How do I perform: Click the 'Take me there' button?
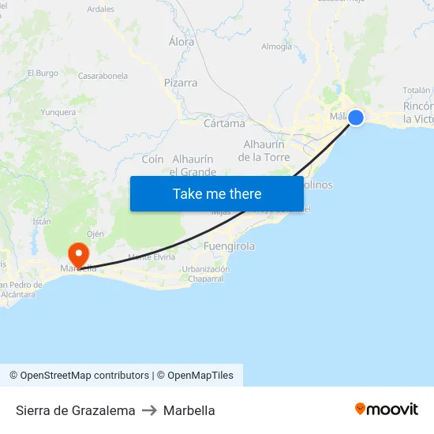click(217, 193)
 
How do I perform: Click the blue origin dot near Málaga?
click(356, 118)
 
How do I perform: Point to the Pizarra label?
click(181, 82)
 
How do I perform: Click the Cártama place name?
click(224, 123)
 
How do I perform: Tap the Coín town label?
click(152, 159)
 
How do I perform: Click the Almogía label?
click(276, 47)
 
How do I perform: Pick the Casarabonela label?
click(103, 77)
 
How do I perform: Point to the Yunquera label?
click(58, 112)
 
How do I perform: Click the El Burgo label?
click(43, 73)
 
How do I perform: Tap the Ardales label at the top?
click(100, 9)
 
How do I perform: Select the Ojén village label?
click(95, 234)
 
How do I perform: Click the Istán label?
click(42, 222)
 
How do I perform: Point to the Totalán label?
click(417, 91)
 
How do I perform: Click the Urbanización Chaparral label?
click(206, 273)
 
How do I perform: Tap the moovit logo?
click(387, 410)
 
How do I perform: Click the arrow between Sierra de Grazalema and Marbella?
click(149, 410)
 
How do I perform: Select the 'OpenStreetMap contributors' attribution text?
click(84, 376)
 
